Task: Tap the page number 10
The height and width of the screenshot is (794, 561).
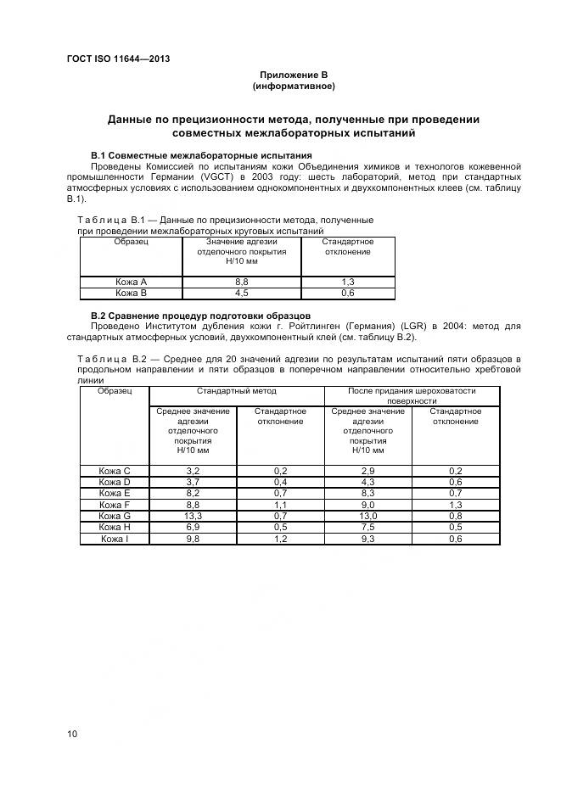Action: coord(72,734)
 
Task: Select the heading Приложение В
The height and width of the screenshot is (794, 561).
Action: coord(294,75)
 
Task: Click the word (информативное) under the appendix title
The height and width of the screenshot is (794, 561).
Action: coord(294,87)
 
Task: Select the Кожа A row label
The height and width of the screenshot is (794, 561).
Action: coord(131,282)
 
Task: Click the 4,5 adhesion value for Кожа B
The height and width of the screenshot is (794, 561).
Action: coord(241,293)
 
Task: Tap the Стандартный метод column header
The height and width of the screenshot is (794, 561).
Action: coord(237,391)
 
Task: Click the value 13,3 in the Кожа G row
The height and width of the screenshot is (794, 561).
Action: coord(193,515)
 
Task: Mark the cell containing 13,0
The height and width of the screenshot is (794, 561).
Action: coord(368,515)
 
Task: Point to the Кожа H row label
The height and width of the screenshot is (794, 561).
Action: coord(115,527)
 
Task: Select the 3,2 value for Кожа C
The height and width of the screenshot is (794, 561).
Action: coord(193,470)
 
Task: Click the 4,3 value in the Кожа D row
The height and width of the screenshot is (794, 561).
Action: coord(368,481)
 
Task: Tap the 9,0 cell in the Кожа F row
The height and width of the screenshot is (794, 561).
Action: coord(368,504)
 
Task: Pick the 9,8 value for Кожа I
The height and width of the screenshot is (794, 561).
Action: coord(193,538)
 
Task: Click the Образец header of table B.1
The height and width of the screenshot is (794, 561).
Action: coord(131,242)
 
